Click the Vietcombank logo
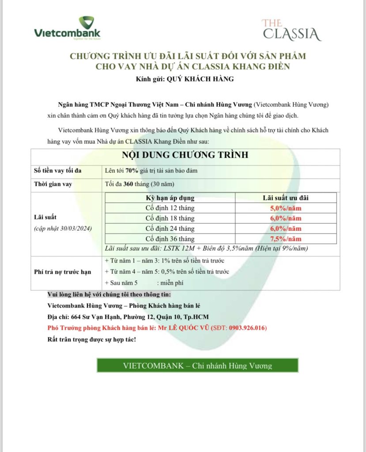67,29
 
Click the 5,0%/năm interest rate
286,208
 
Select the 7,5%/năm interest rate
286,239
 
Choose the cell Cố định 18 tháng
170,218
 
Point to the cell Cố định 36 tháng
170,239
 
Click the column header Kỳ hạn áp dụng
170,198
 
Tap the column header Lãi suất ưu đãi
286,198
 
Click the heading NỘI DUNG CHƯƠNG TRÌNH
185,155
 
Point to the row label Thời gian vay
53,185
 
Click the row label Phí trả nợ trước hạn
62,272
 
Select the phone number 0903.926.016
244,328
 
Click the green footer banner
197,365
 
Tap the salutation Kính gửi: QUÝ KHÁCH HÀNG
185,79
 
